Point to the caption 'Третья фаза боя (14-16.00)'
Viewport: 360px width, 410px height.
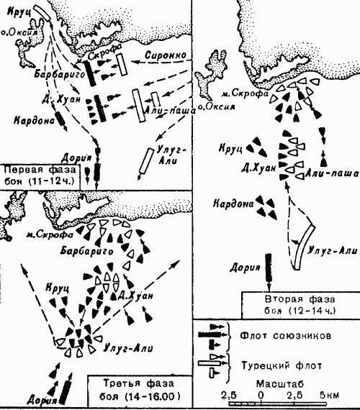(136, 391)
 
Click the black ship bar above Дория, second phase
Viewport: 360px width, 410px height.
(269, 265)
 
